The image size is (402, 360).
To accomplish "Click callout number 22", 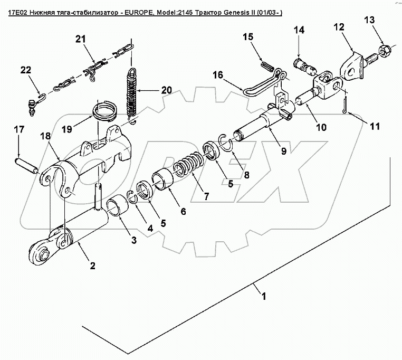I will pyautogui.click(x=26, y=70).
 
